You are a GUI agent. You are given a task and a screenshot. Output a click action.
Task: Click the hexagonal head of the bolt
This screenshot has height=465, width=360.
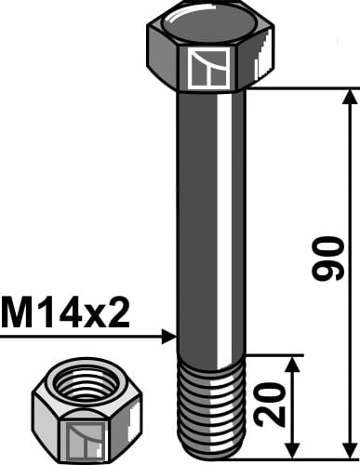tap(210, 51)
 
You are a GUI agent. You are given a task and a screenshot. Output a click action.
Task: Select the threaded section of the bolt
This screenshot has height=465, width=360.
tap(210, 400)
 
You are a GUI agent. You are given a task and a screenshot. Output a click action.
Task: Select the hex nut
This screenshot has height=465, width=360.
tap(73, 409)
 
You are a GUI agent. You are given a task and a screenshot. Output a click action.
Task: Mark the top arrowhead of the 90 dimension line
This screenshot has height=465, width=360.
tap(350, 97)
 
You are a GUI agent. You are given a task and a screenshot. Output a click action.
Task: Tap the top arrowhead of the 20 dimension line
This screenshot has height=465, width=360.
tap(293, 363)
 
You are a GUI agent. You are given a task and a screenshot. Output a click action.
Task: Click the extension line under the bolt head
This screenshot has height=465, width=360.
tap(298, 88)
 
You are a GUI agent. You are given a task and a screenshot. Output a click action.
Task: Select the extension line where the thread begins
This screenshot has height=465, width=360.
tap(274, 354)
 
